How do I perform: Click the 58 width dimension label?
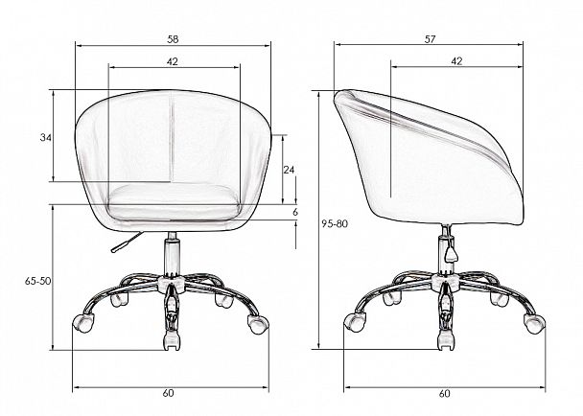coord(173,39)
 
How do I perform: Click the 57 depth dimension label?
coord(430,39)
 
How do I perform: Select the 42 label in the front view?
coord(173,61)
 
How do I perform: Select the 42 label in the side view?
coord(456,61)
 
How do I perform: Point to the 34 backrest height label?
coord(46,138)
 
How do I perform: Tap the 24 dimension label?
coord(289,170)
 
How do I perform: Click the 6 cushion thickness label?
coord(295,212)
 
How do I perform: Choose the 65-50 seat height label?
coord(38,281)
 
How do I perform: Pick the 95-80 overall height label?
coord(335,223)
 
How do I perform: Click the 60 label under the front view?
coord(168,393)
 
